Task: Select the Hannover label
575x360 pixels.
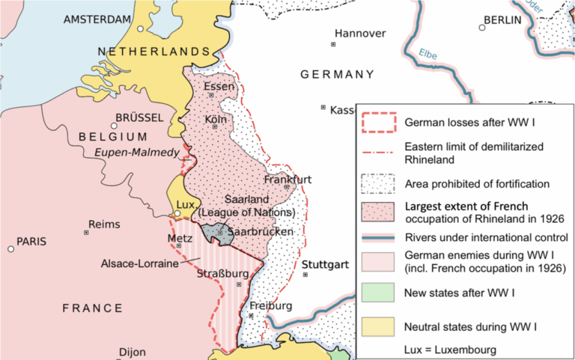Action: (360, 34)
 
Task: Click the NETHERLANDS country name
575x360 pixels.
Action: (153, 51)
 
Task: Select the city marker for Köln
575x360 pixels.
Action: (214, 126)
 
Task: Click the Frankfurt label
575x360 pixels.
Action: (288, 180)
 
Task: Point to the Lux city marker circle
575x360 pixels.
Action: (177, 213)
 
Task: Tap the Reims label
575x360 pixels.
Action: (104, 224)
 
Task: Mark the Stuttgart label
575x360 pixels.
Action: (326, 265)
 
